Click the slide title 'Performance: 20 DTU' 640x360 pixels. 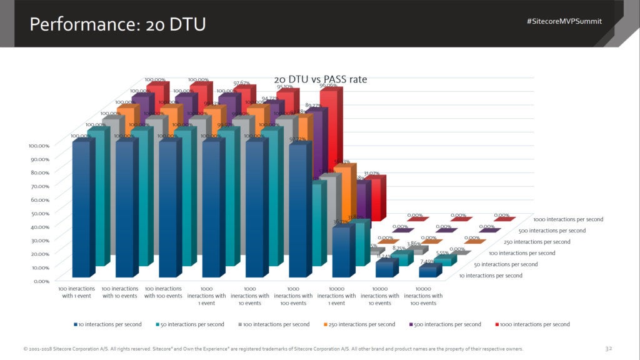point(117,24)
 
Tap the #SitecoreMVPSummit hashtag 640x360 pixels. point(564,21)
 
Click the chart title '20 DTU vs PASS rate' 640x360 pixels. point(321,79)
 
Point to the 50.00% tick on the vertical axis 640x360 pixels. point(40,213)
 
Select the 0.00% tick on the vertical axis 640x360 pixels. point(41,281)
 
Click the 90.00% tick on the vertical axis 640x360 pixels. point(40,159)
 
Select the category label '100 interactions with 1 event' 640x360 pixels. point(76,292)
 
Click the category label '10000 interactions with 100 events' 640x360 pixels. point(423,296)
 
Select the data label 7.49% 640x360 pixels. point(427,262)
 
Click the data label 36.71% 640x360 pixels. point(340,222)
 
